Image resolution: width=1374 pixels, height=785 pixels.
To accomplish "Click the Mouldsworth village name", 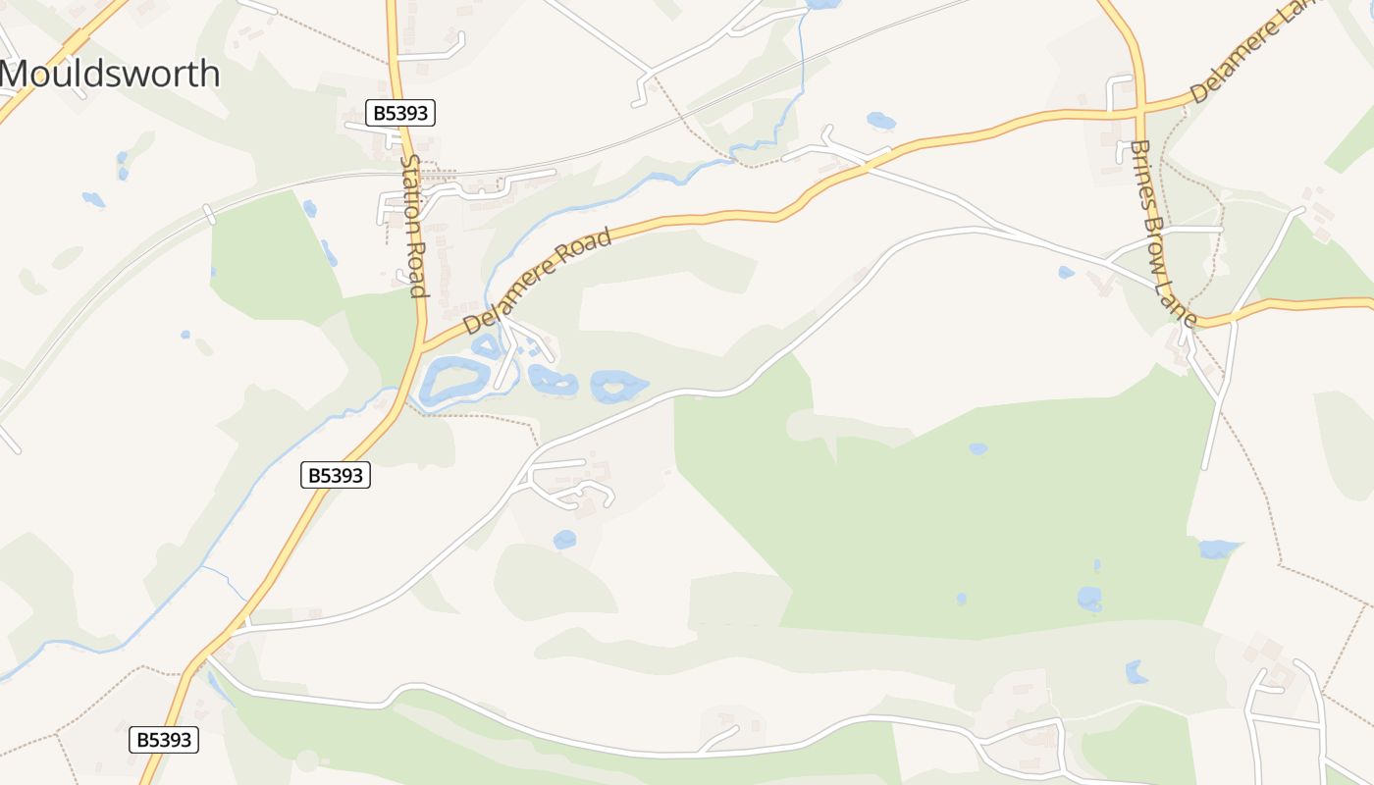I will click(110, 74).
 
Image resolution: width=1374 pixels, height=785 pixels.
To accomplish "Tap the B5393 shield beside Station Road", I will click(400, 113).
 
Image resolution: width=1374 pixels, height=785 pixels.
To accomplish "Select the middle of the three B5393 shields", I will click(336, 476).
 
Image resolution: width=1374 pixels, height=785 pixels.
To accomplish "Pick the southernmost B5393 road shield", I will click(164, 740).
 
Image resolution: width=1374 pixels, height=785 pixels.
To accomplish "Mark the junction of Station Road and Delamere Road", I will click(423, 346).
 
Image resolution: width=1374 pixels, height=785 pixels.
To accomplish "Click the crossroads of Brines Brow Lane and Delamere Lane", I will click(1140, 108).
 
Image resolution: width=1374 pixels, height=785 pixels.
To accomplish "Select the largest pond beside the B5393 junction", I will click(453, 380).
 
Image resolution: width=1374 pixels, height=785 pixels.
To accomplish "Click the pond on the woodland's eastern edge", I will click(1218, 549).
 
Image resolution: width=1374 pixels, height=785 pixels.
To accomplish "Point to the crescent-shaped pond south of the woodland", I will click(1136, 672).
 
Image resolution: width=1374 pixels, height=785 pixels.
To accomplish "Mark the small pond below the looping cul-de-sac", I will click(564, 539).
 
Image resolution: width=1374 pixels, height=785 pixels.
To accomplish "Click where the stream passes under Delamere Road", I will click(489, 312).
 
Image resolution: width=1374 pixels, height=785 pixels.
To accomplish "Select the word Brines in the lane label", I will click(1139, 167).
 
